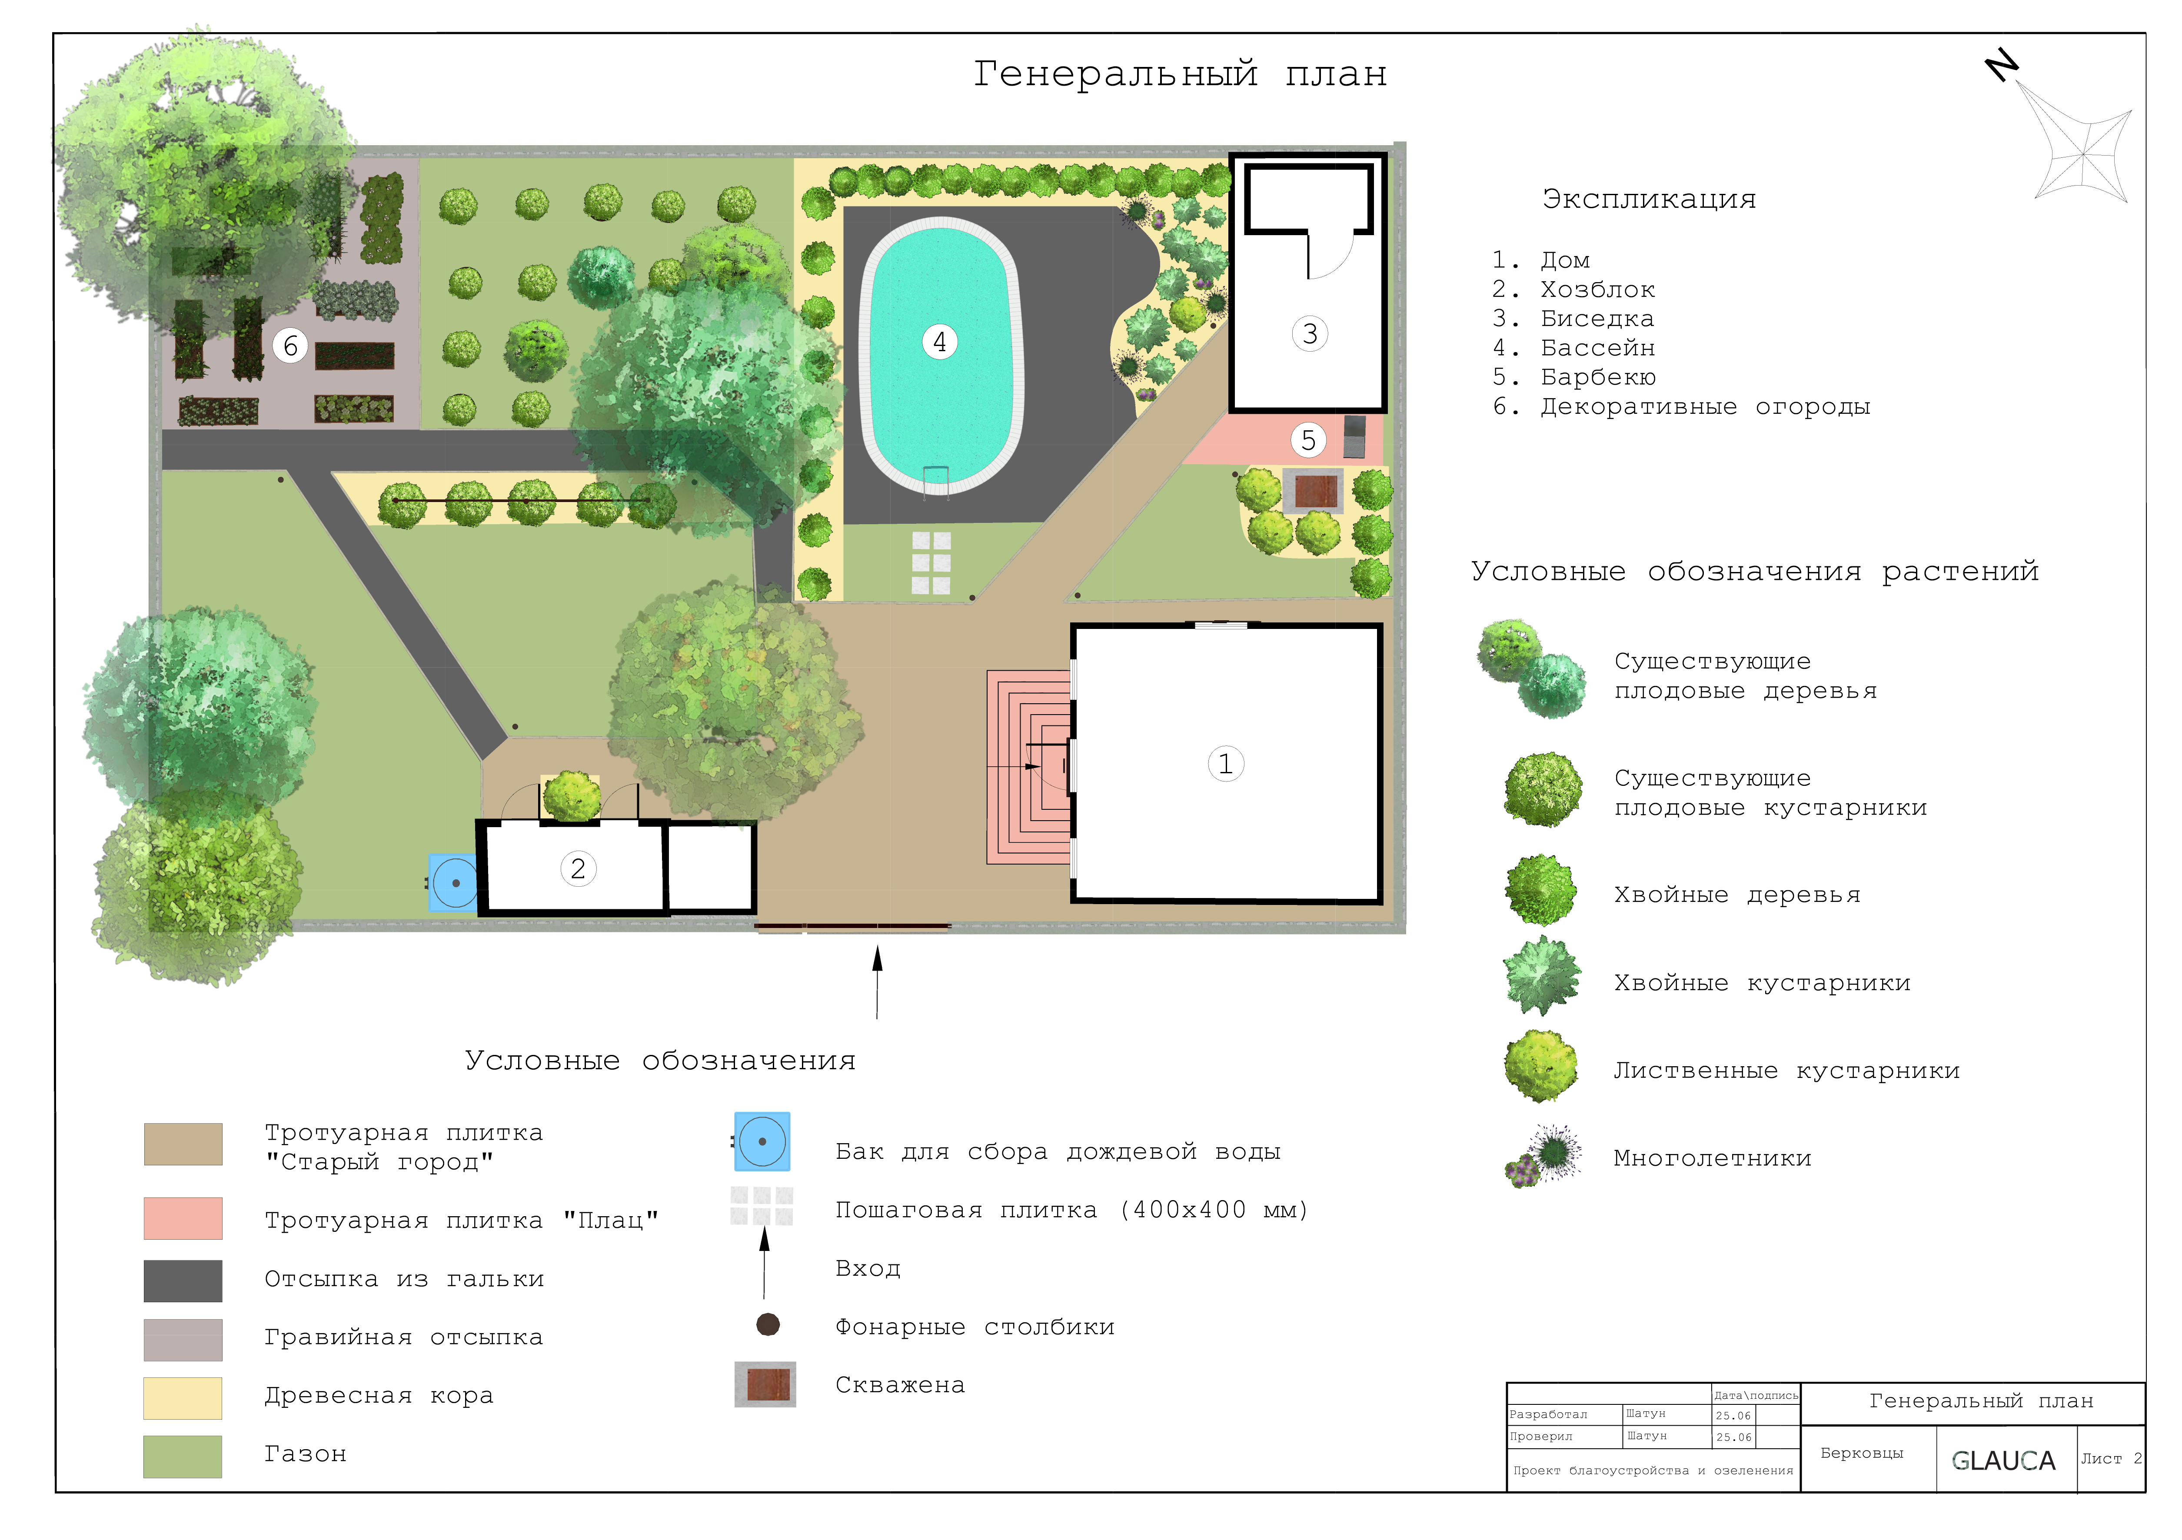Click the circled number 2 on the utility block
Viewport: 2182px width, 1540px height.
578,868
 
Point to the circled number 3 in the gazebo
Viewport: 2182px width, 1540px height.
1310,334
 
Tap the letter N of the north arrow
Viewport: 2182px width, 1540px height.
2002,65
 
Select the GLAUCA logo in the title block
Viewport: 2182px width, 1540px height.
2003,1460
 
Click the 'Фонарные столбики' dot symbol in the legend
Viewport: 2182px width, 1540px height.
768,1324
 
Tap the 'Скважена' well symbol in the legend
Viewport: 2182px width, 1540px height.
765,1384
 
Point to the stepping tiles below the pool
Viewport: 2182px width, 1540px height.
931,563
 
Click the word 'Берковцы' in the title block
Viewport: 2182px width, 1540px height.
1862,1453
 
